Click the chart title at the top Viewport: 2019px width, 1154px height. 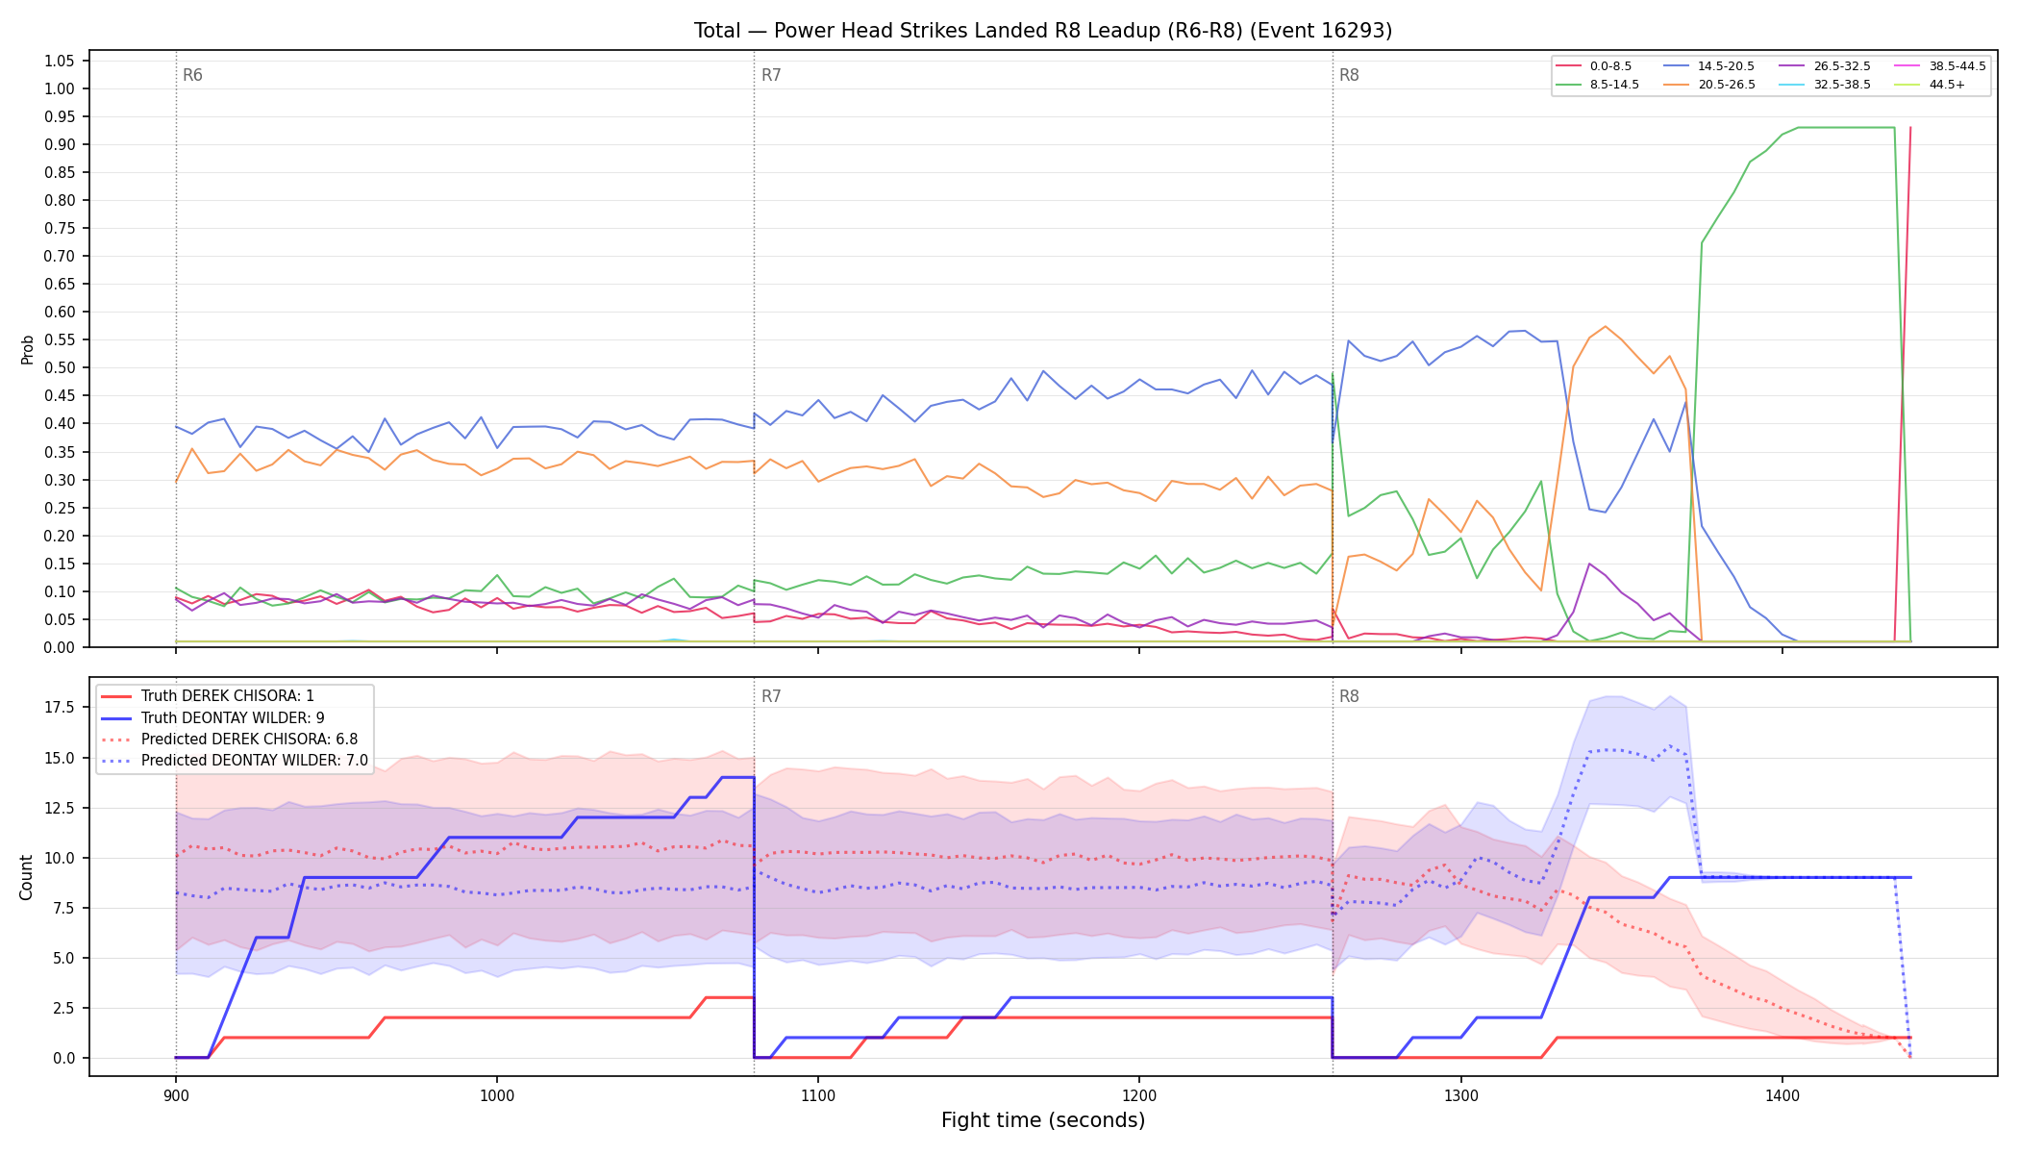[1043, 31]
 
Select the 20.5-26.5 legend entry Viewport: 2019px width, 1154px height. [1710, 85]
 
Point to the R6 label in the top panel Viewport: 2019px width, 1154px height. [192, 76]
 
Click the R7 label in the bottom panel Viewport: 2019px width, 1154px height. [771, 696]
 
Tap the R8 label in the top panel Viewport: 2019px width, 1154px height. [1349, 76]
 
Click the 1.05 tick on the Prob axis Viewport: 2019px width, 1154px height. [60, 62]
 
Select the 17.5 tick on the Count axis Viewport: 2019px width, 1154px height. [61, 708]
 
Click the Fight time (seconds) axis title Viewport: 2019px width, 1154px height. [1043, 1120]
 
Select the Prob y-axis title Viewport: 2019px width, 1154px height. [27, 349]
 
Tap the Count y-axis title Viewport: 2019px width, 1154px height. [26, 877]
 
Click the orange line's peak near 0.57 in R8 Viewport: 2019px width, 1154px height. [1605, 326]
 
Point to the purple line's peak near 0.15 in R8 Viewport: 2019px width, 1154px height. [1589, 564]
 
